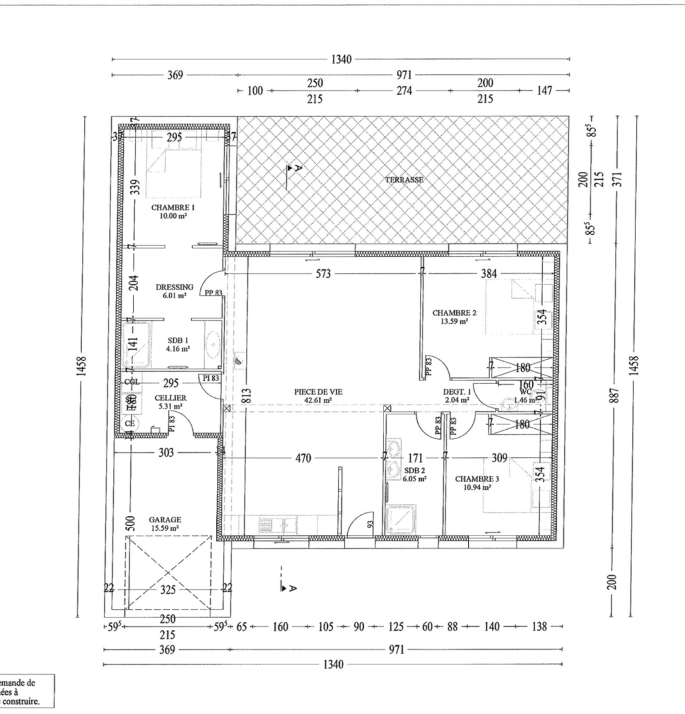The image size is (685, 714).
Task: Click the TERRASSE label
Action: tap(405, 179)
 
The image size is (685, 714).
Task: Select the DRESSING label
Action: tap(175, 287)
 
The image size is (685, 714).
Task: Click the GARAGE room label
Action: tap(165, 520)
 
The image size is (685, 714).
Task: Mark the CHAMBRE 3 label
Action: tap(473, 478)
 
